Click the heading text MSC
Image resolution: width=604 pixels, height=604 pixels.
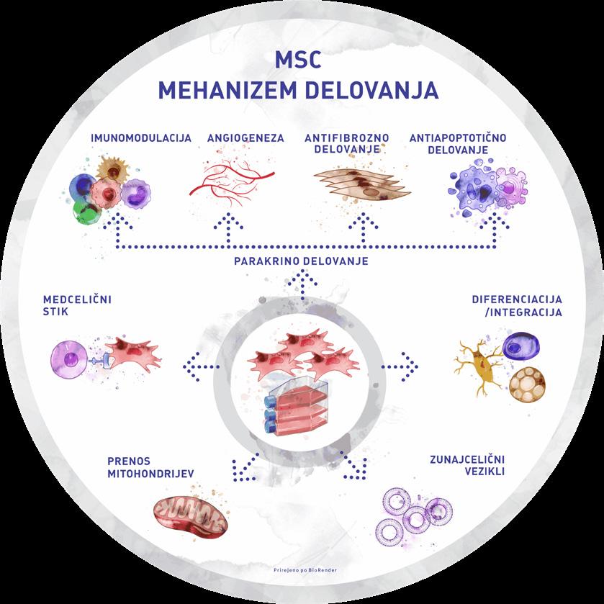302,60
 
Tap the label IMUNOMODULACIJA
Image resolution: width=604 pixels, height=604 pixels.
140,137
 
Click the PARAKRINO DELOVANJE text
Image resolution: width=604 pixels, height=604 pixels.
301,261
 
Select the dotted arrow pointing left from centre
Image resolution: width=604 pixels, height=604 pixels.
203,367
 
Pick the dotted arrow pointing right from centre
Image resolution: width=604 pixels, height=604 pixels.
400,367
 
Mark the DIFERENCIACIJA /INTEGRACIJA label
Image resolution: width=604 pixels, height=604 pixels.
517,306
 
